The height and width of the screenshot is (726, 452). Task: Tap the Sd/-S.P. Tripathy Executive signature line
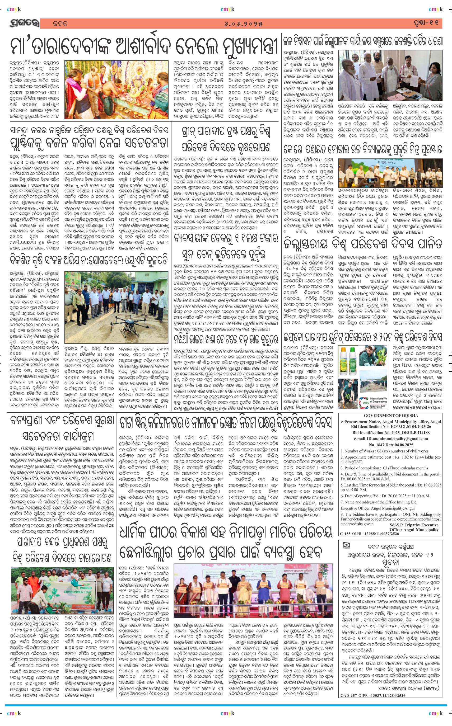414,525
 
